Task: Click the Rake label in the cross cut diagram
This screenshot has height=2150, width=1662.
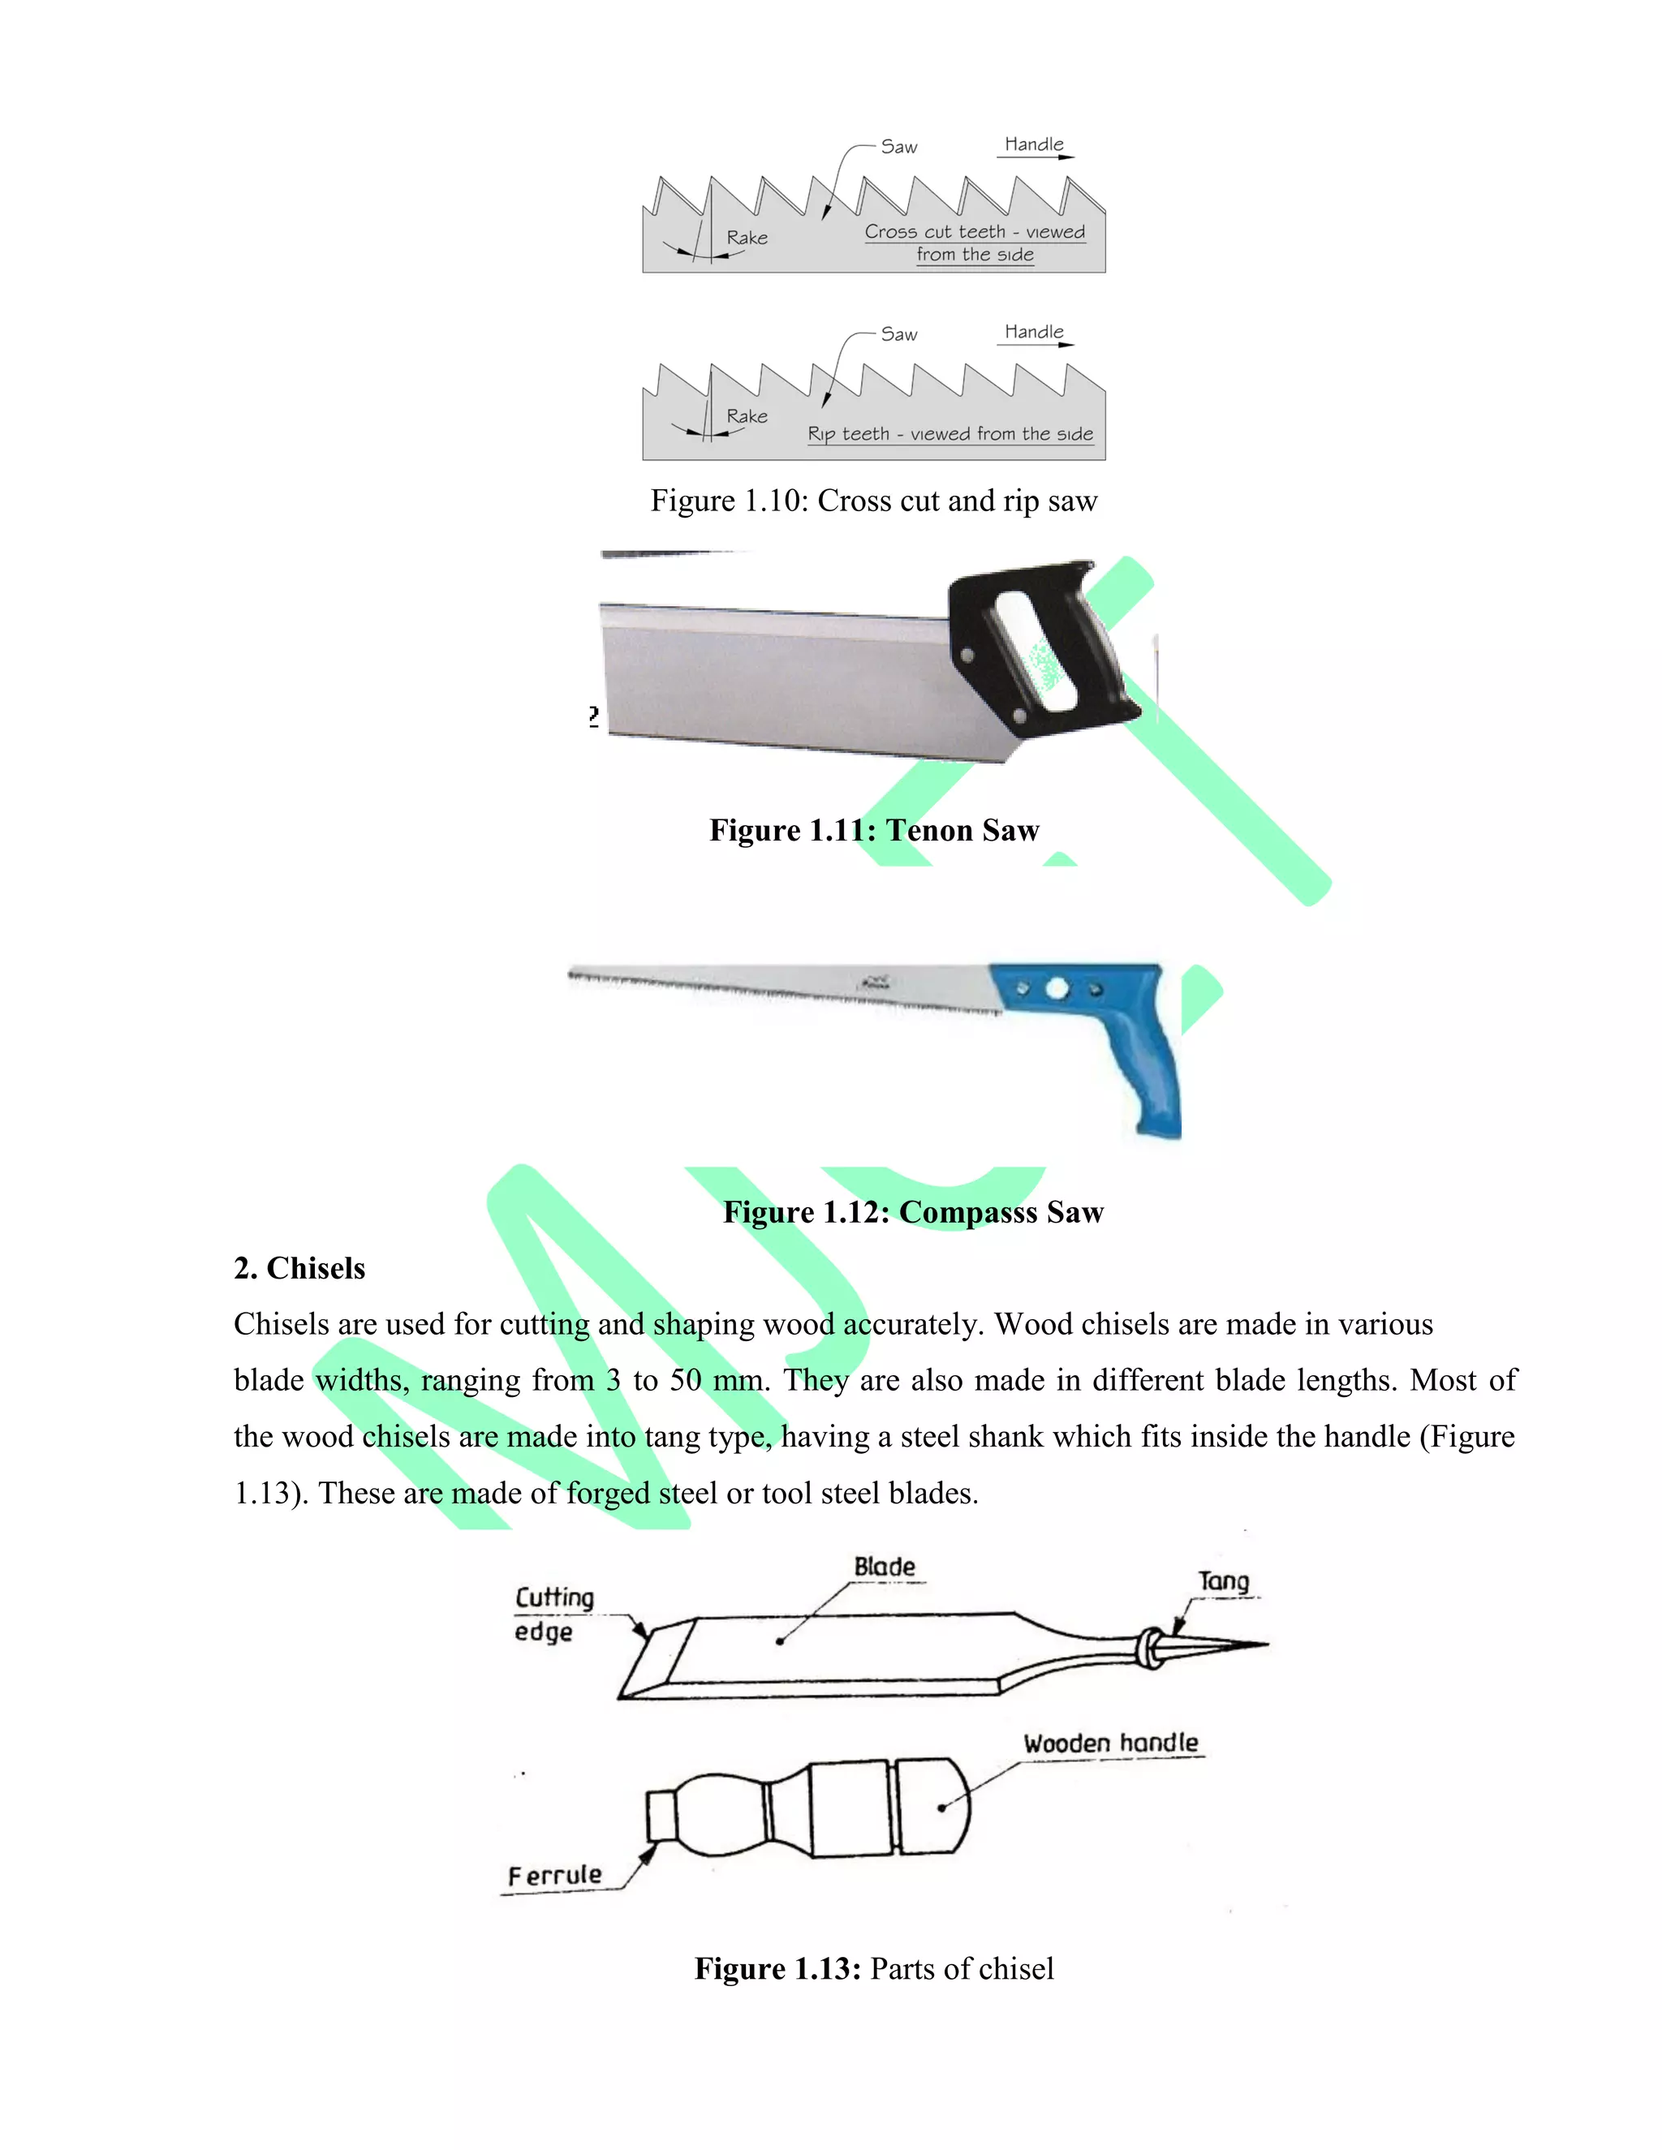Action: [x=747, y=237]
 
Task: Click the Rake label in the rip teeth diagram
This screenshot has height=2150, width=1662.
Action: [x=747, y=415]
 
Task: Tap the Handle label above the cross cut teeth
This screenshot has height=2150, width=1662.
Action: [x=1033, y=144]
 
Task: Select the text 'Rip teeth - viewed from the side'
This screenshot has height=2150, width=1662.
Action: [x=949, y=434]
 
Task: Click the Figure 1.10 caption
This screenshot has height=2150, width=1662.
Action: [x=873, y=501]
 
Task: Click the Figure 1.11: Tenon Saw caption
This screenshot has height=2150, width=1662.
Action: [x=873, y=830]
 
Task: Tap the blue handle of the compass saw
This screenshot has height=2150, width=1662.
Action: [x=1142, y=1063]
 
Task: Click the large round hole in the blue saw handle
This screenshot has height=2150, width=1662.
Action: [x=1057, y=988]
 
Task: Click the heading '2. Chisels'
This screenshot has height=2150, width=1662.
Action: [x=299, y=1268]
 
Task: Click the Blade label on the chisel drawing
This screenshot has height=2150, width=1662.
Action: [x=885, y=1566]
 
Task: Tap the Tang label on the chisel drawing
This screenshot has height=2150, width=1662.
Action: [x=1223, y=1581]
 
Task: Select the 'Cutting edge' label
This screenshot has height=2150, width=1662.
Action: [x=553, y=1614]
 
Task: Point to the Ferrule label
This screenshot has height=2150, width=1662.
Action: [x=554, y=1874]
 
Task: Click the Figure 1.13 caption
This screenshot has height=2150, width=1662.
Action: [x=873, y=1968]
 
